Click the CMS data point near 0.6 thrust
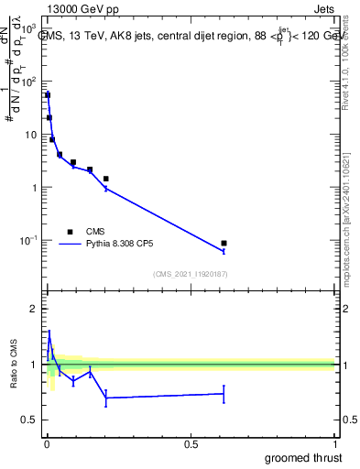224,244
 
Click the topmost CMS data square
48,95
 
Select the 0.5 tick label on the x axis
191,444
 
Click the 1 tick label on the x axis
334,444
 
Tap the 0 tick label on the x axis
47,444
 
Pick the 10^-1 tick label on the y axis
27,241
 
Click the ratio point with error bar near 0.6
224,394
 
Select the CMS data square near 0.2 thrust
106,179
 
